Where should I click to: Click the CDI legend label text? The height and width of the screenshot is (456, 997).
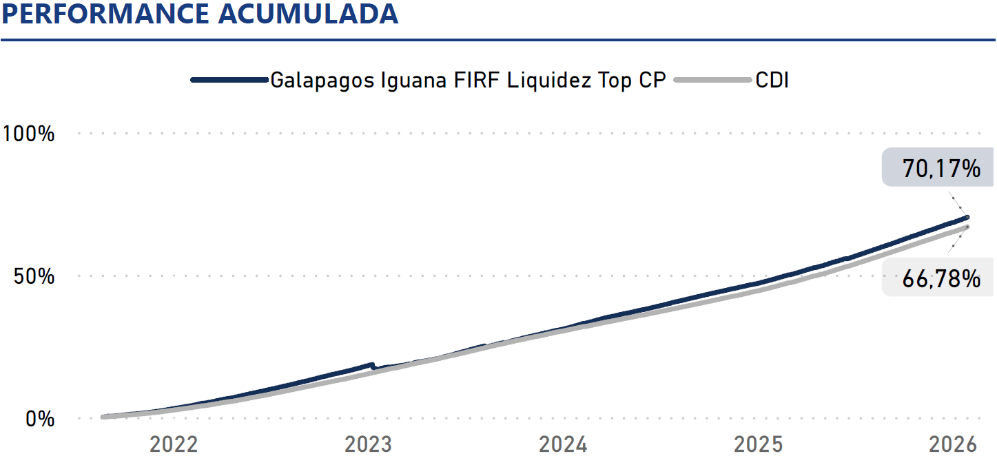(x=772, y=80)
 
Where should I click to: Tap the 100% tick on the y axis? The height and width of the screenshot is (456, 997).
(x=29, y=133)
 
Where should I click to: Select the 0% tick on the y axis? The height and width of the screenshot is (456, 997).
(x=40, y=418)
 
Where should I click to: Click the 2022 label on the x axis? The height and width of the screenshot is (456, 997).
(x=174, y=444)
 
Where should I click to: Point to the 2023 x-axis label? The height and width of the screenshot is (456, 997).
(x=369, y=444)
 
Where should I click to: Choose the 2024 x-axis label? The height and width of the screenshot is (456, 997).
(x=563, y=444)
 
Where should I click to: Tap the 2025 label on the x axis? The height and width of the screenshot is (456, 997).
(x=758, y=444)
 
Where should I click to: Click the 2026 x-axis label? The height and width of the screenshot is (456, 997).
(x=953, y=444)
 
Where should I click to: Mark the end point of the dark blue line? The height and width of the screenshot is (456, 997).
(x=967, y=217)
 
